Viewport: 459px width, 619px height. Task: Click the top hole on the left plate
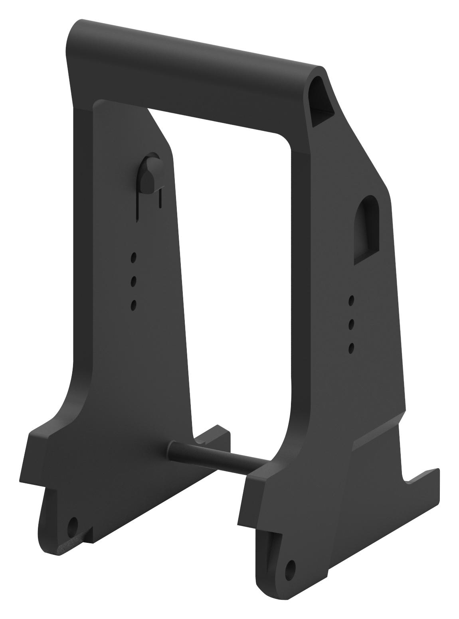coord(134,257)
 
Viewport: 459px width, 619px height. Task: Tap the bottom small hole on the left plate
coord(134,306)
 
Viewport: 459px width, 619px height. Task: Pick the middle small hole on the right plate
coord(352,323)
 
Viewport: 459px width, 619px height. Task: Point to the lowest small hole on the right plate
coord(352,348)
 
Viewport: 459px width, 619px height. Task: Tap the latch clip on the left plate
coord(148,176)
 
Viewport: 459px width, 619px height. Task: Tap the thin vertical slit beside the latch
coord(160,198)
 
